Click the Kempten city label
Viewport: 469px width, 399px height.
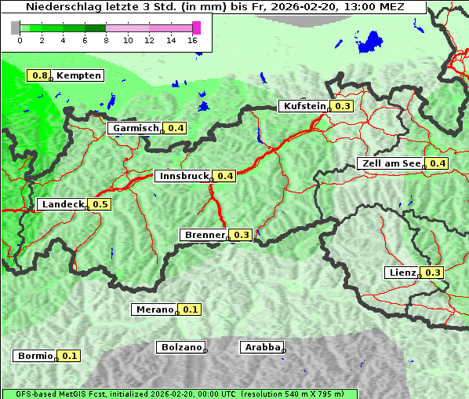tap(78, 75)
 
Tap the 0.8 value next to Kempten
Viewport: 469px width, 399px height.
tap(39, 75)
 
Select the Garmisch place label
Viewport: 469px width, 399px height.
tap(136, 128)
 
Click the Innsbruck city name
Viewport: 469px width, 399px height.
tap(184, 176)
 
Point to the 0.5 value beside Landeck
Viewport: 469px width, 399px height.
tap(100, 204)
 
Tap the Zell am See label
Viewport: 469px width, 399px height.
tap(391, 163)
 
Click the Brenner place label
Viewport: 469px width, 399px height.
tap(204, 235)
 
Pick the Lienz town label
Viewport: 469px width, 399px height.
tap(402, 273)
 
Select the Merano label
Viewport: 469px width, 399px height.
tap(153, 309)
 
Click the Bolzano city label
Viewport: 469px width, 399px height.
tap(181, 346)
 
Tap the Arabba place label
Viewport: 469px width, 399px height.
tap(261, 346)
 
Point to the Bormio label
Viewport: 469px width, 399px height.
tap(35, 356)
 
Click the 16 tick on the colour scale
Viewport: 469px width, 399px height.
tap(193, 40)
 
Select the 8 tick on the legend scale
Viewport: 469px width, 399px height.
tap(106, 40)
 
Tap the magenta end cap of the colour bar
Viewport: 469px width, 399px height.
tap(196, 27)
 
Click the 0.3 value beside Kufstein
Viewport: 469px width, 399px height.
tap(342, 106)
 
